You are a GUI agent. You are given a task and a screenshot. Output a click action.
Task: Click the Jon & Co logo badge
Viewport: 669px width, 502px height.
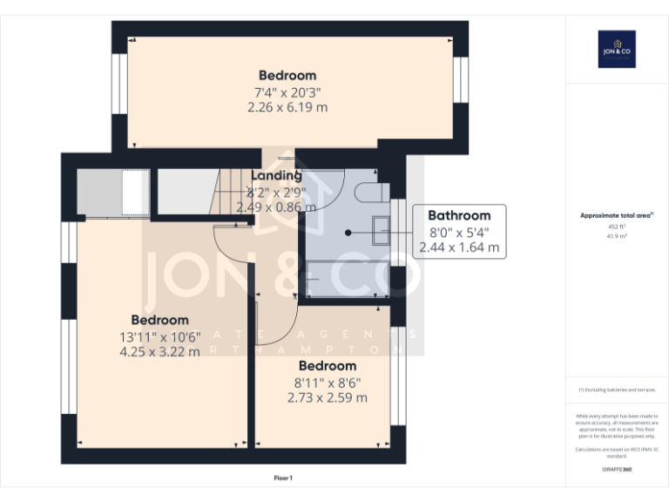(617, 50)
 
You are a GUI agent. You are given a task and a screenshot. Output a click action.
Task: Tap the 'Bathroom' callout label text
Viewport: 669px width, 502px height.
(459, 215)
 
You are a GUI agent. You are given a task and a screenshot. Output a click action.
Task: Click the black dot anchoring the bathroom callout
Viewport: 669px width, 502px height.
(348, 233)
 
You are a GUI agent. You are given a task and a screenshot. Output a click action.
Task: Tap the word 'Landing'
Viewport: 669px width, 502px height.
(276, 176)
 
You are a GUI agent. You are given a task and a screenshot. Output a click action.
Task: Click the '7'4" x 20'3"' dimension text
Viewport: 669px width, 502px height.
(287, 92)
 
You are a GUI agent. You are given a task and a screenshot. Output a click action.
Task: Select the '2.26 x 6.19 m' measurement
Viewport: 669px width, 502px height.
(287, 107)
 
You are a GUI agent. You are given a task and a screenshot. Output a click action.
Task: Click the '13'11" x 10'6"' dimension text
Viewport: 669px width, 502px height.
(159, 336)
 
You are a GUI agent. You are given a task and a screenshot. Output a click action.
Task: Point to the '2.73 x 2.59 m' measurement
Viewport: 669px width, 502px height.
(327, 397)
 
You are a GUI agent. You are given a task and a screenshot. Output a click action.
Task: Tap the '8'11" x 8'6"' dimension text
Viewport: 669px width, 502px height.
(327, 382)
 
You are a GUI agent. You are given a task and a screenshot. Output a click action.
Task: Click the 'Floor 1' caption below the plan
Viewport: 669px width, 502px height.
(283, 478)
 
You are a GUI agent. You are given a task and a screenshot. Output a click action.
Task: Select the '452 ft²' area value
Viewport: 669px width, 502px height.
(617, 226)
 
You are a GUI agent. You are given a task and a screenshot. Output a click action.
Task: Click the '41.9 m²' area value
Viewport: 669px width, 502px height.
(617, 235)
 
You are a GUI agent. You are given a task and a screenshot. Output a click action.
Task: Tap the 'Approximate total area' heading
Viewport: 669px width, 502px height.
(616, 214)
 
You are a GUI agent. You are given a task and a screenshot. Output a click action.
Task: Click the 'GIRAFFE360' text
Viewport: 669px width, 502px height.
(617, 469)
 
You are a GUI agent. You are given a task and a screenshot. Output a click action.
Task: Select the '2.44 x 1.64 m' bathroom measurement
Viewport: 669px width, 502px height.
(459, 248)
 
